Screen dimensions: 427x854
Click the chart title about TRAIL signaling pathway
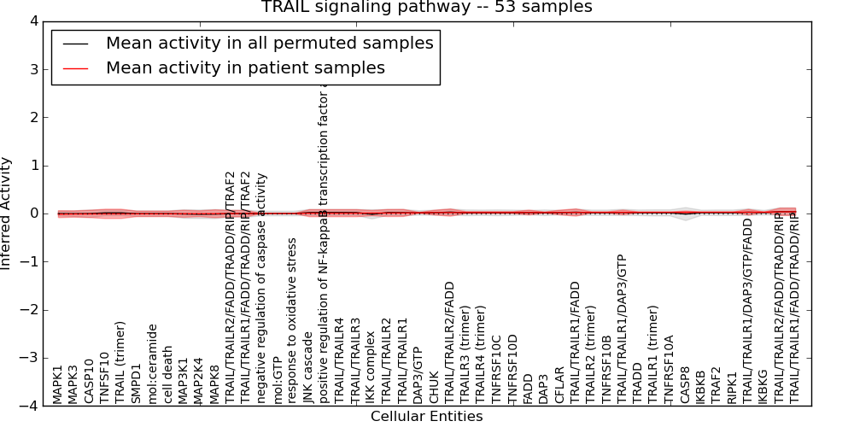[426, 8]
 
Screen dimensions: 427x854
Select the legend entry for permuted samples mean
[269, 43]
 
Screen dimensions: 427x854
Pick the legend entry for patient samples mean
[245, 67]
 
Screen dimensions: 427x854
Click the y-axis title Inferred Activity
[7, 213]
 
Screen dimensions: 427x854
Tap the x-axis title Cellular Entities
[426, 417]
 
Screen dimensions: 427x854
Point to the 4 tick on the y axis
[32, 21]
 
